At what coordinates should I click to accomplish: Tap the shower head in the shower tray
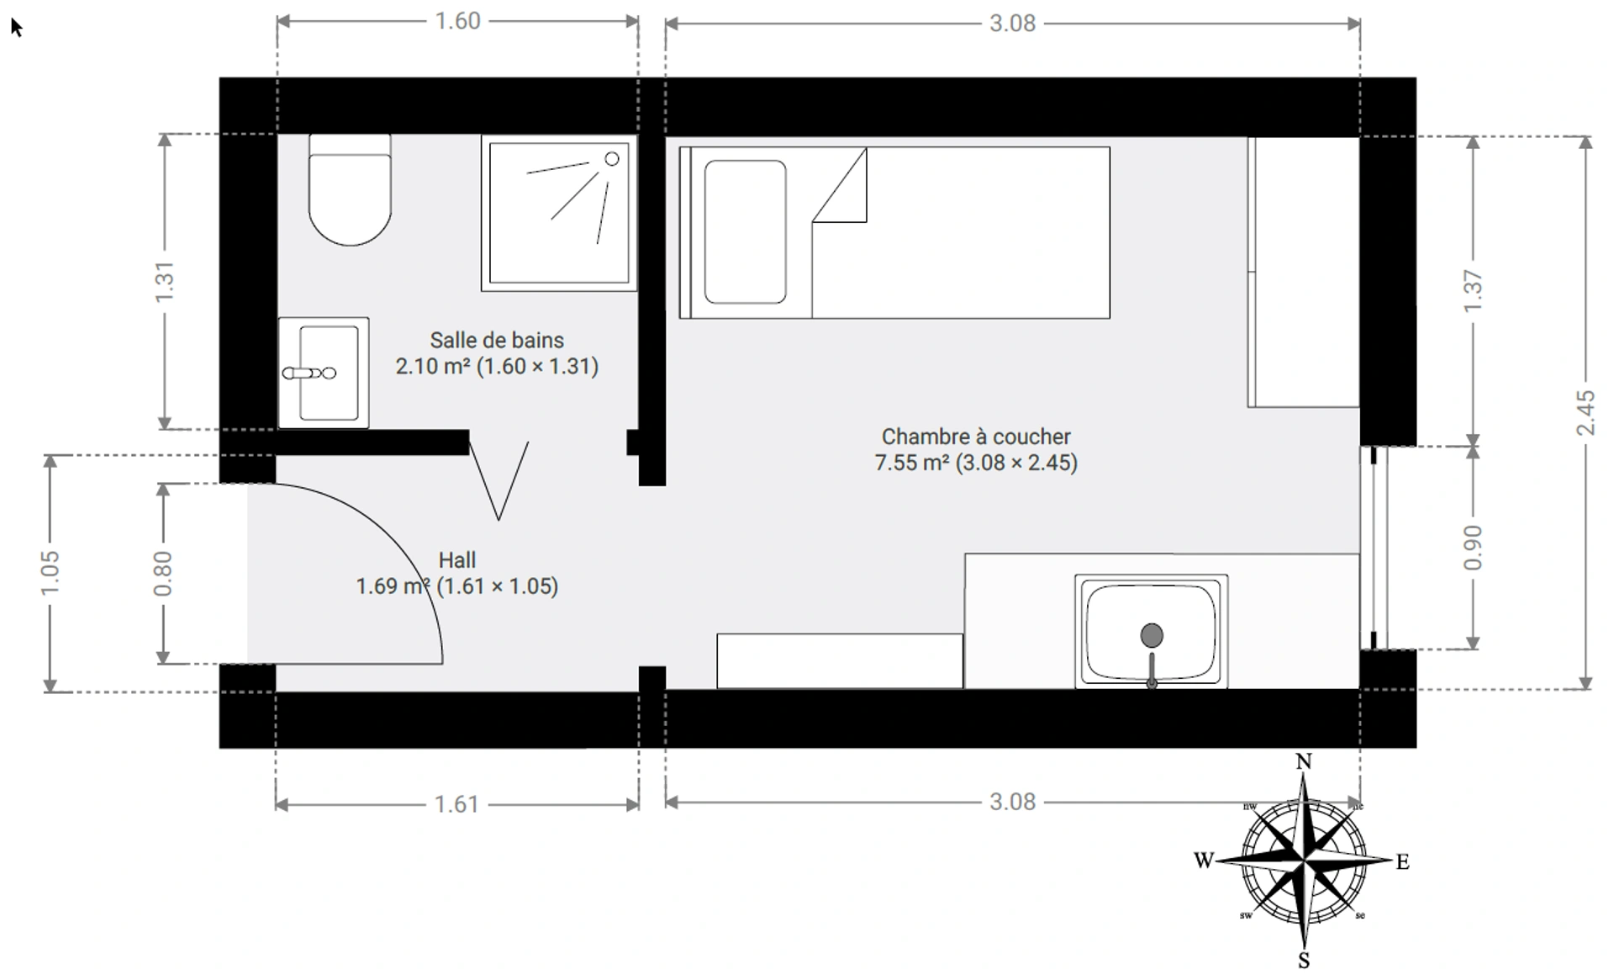612,158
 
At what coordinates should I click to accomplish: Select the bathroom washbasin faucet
309,373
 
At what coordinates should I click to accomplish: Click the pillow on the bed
745,232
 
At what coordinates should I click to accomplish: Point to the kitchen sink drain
1152,635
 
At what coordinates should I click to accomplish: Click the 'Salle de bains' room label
497,340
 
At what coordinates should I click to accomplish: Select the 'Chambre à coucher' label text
976,437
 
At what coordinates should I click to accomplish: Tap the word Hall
457,560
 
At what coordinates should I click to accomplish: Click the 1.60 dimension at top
457,21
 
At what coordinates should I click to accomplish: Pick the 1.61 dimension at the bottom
456,804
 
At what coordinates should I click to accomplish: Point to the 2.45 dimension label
1585,412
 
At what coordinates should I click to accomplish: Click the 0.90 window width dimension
1473,547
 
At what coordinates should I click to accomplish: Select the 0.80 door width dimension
163,574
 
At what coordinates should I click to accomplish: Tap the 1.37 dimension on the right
1473,290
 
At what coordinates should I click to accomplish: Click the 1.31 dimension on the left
164,282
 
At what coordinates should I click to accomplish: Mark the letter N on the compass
1304,761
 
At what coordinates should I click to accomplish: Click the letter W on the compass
1204,860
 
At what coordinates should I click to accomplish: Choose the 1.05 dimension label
50,572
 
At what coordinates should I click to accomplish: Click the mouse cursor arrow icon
16,27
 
